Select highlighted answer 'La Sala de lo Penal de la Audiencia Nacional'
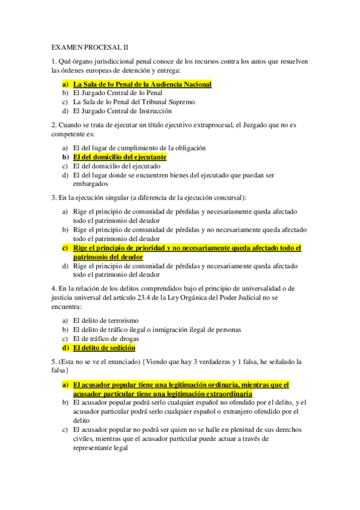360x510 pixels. (x=142, y=84)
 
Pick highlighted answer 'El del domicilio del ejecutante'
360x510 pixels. (x=119, y=157)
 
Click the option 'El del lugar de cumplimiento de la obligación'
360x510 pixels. (x=139, y=148)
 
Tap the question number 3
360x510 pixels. (x=53, y=198)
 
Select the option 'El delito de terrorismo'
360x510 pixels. (x=105, y=321)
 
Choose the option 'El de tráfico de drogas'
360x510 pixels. (x=106, y=339)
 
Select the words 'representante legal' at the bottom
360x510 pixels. (x=100, y=447)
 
